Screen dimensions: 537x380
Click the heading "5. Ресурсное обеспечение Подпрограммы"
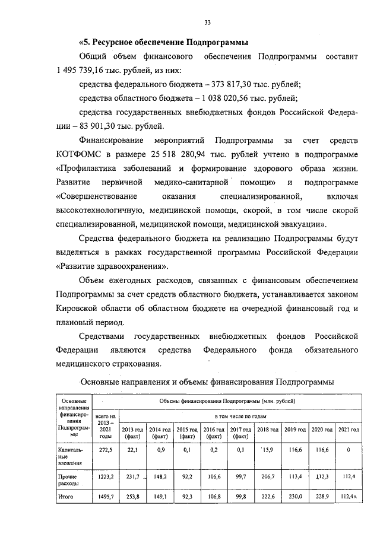[164, 43]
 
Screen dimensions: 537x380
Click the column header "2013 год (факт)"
[132, 433]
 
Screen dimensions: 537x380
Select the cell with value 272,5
[105, 450]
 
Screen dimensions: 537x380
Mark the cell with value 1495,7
[105, 497]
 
